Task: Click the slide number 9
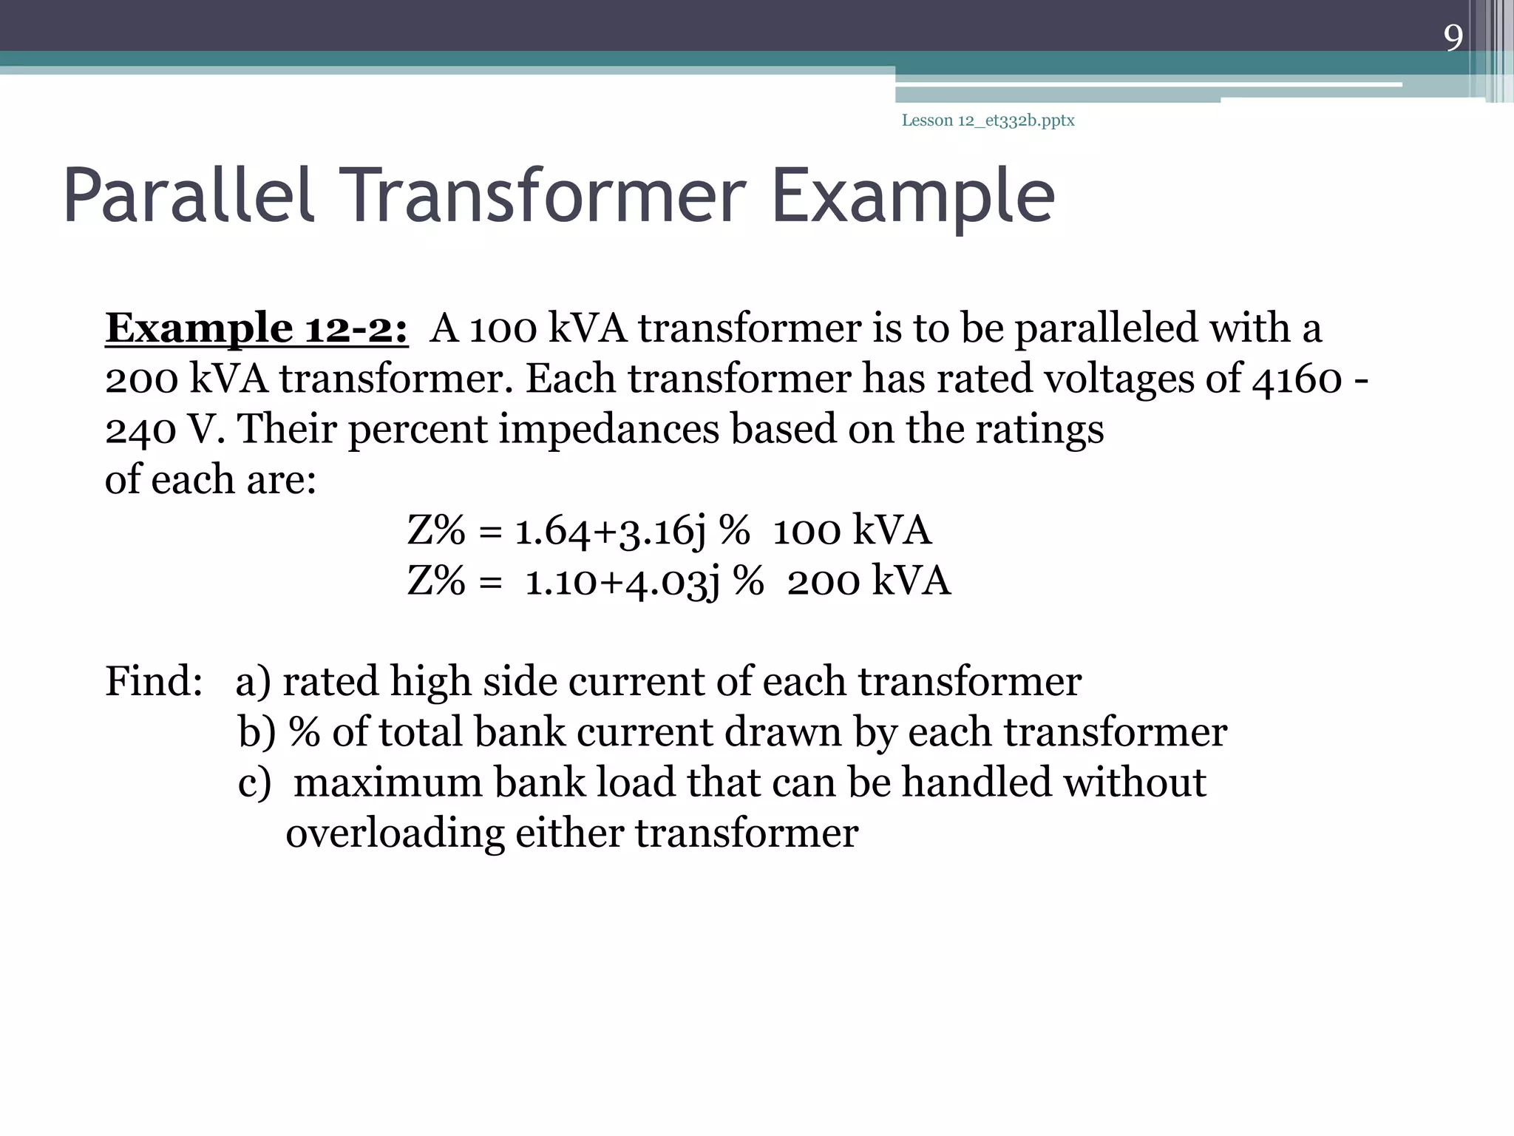click(x=1453, y=38)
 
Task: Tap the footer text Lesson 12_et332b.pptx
click(x=988, y=121)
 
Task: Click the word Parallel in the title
click(x=189, y=195)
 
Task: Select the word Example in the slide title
click(x=912, y=197)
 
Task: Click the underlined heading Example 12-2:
click(x=257, y=328)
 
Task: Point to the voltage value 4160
click(x=1297, y=379)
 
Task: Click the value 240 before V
click(x=140, y=429)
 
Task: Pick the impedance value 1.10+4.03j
click(x=622, y=581)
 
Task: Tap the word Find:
click(x=154, y=681)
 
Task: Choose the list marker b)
click(x=257, y=732)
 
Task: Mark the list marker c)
click(x=254, y=783)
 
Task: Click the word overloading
click(x=395, y=834)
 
